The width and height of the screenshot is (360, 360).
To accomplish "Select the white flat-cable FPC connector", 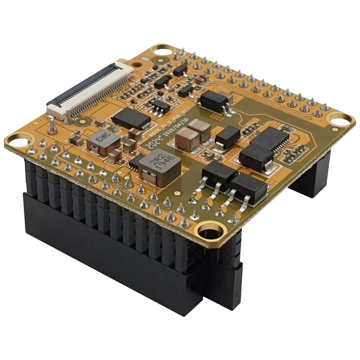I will pyautogui.click(x=88, y=90).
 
